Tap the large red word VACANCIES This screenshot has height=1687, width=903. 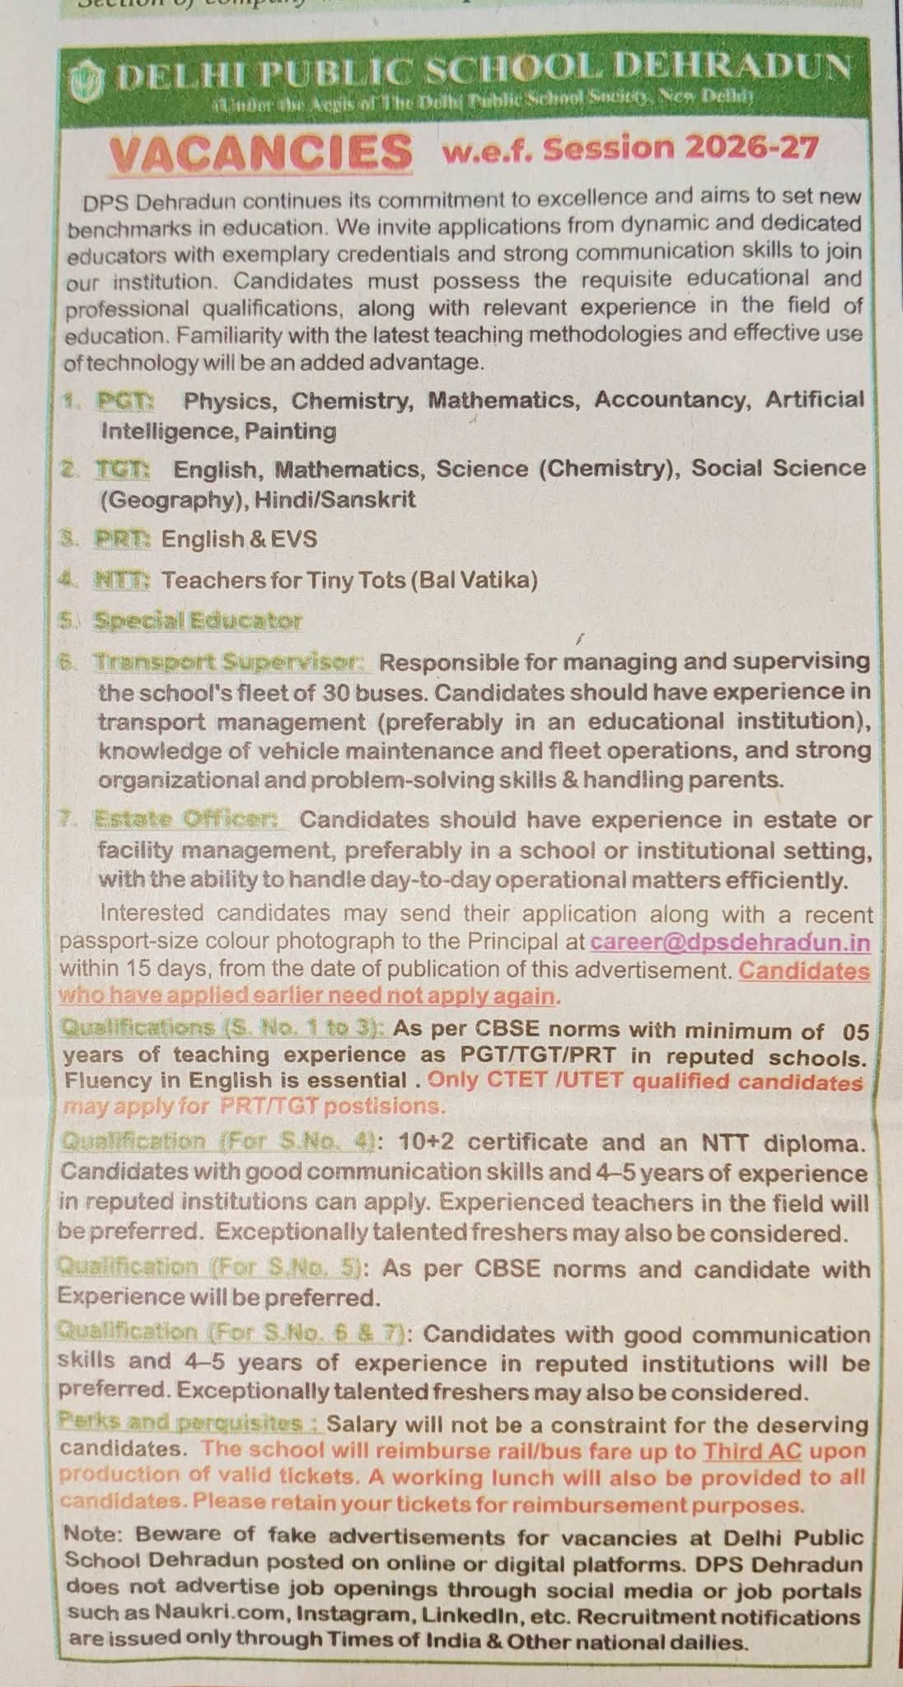[261, 152]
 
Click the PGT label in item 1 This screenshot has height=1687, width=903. [125, 401]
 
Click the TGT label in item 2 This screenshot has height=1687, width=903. [122, 470]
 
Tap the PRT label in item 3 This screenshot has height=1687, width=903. [122, 539]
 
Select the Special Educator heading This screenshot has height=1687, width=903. [198, 620]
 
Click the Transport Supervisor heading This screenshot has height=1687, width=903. [230, 661]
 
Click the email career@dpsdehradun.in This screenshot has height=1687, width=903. [730, 942]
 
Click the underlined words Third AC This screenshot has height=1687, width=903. [751, 1451]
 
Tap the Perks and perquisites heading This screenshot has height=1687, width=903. [189, 1423]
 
